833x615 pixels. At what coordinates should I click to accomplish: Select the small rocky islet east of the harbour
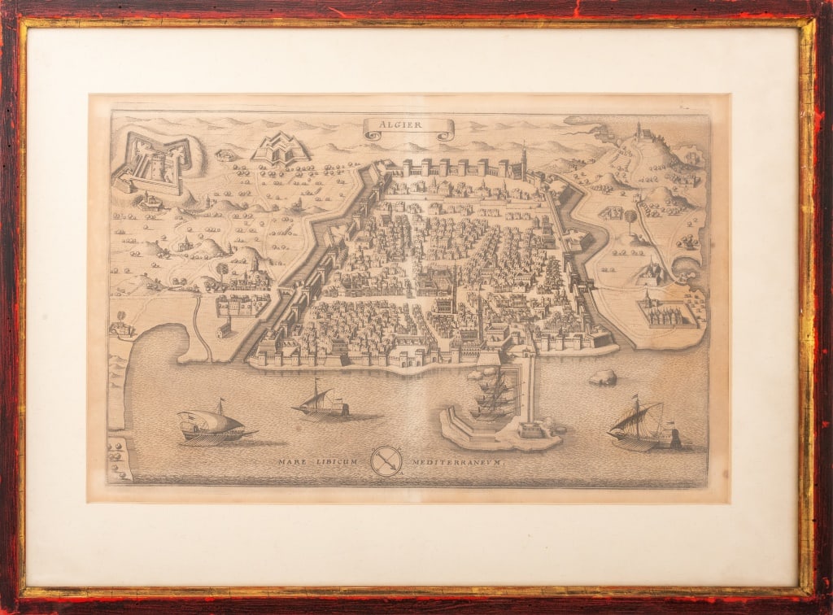pyautogui.click(x=603, y=377)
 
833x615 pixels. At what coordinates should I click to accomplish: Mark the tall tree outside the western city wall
pyautogui.click(x=222, y=270)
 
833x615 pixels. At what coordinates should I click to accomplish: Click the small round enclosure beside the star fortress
pyautogui.click(x=225, y=152)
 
